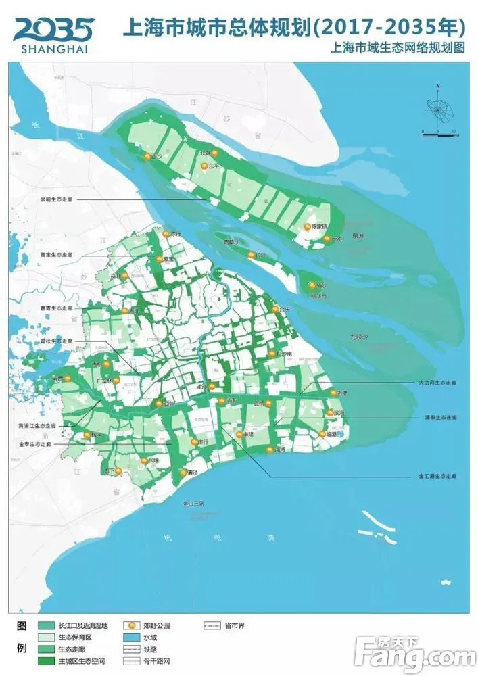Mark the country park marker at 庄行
[194, 442]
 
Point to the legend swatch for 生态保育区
[47, 637]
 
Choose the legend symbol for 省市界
[214, 626]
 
